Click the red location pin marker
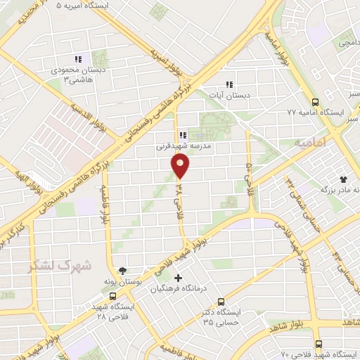[x=181, y=166]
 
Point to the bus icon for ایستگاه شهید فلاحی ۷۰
[x=319, y=344]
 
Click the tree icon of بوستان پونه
[x=124, y=269]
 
